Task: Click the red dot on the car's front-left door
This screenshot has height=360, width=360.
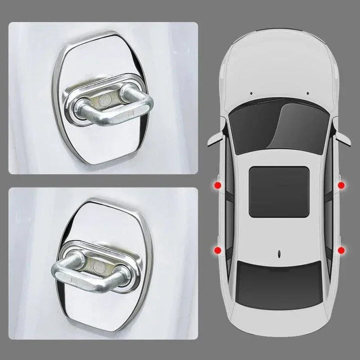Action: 217,186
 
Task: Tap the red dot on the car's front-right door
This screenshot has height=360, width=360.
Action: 341,186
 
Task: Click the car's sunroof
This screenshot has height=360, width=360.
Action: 278,191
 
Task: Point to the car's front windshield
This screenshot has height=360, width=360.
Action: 278,127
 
